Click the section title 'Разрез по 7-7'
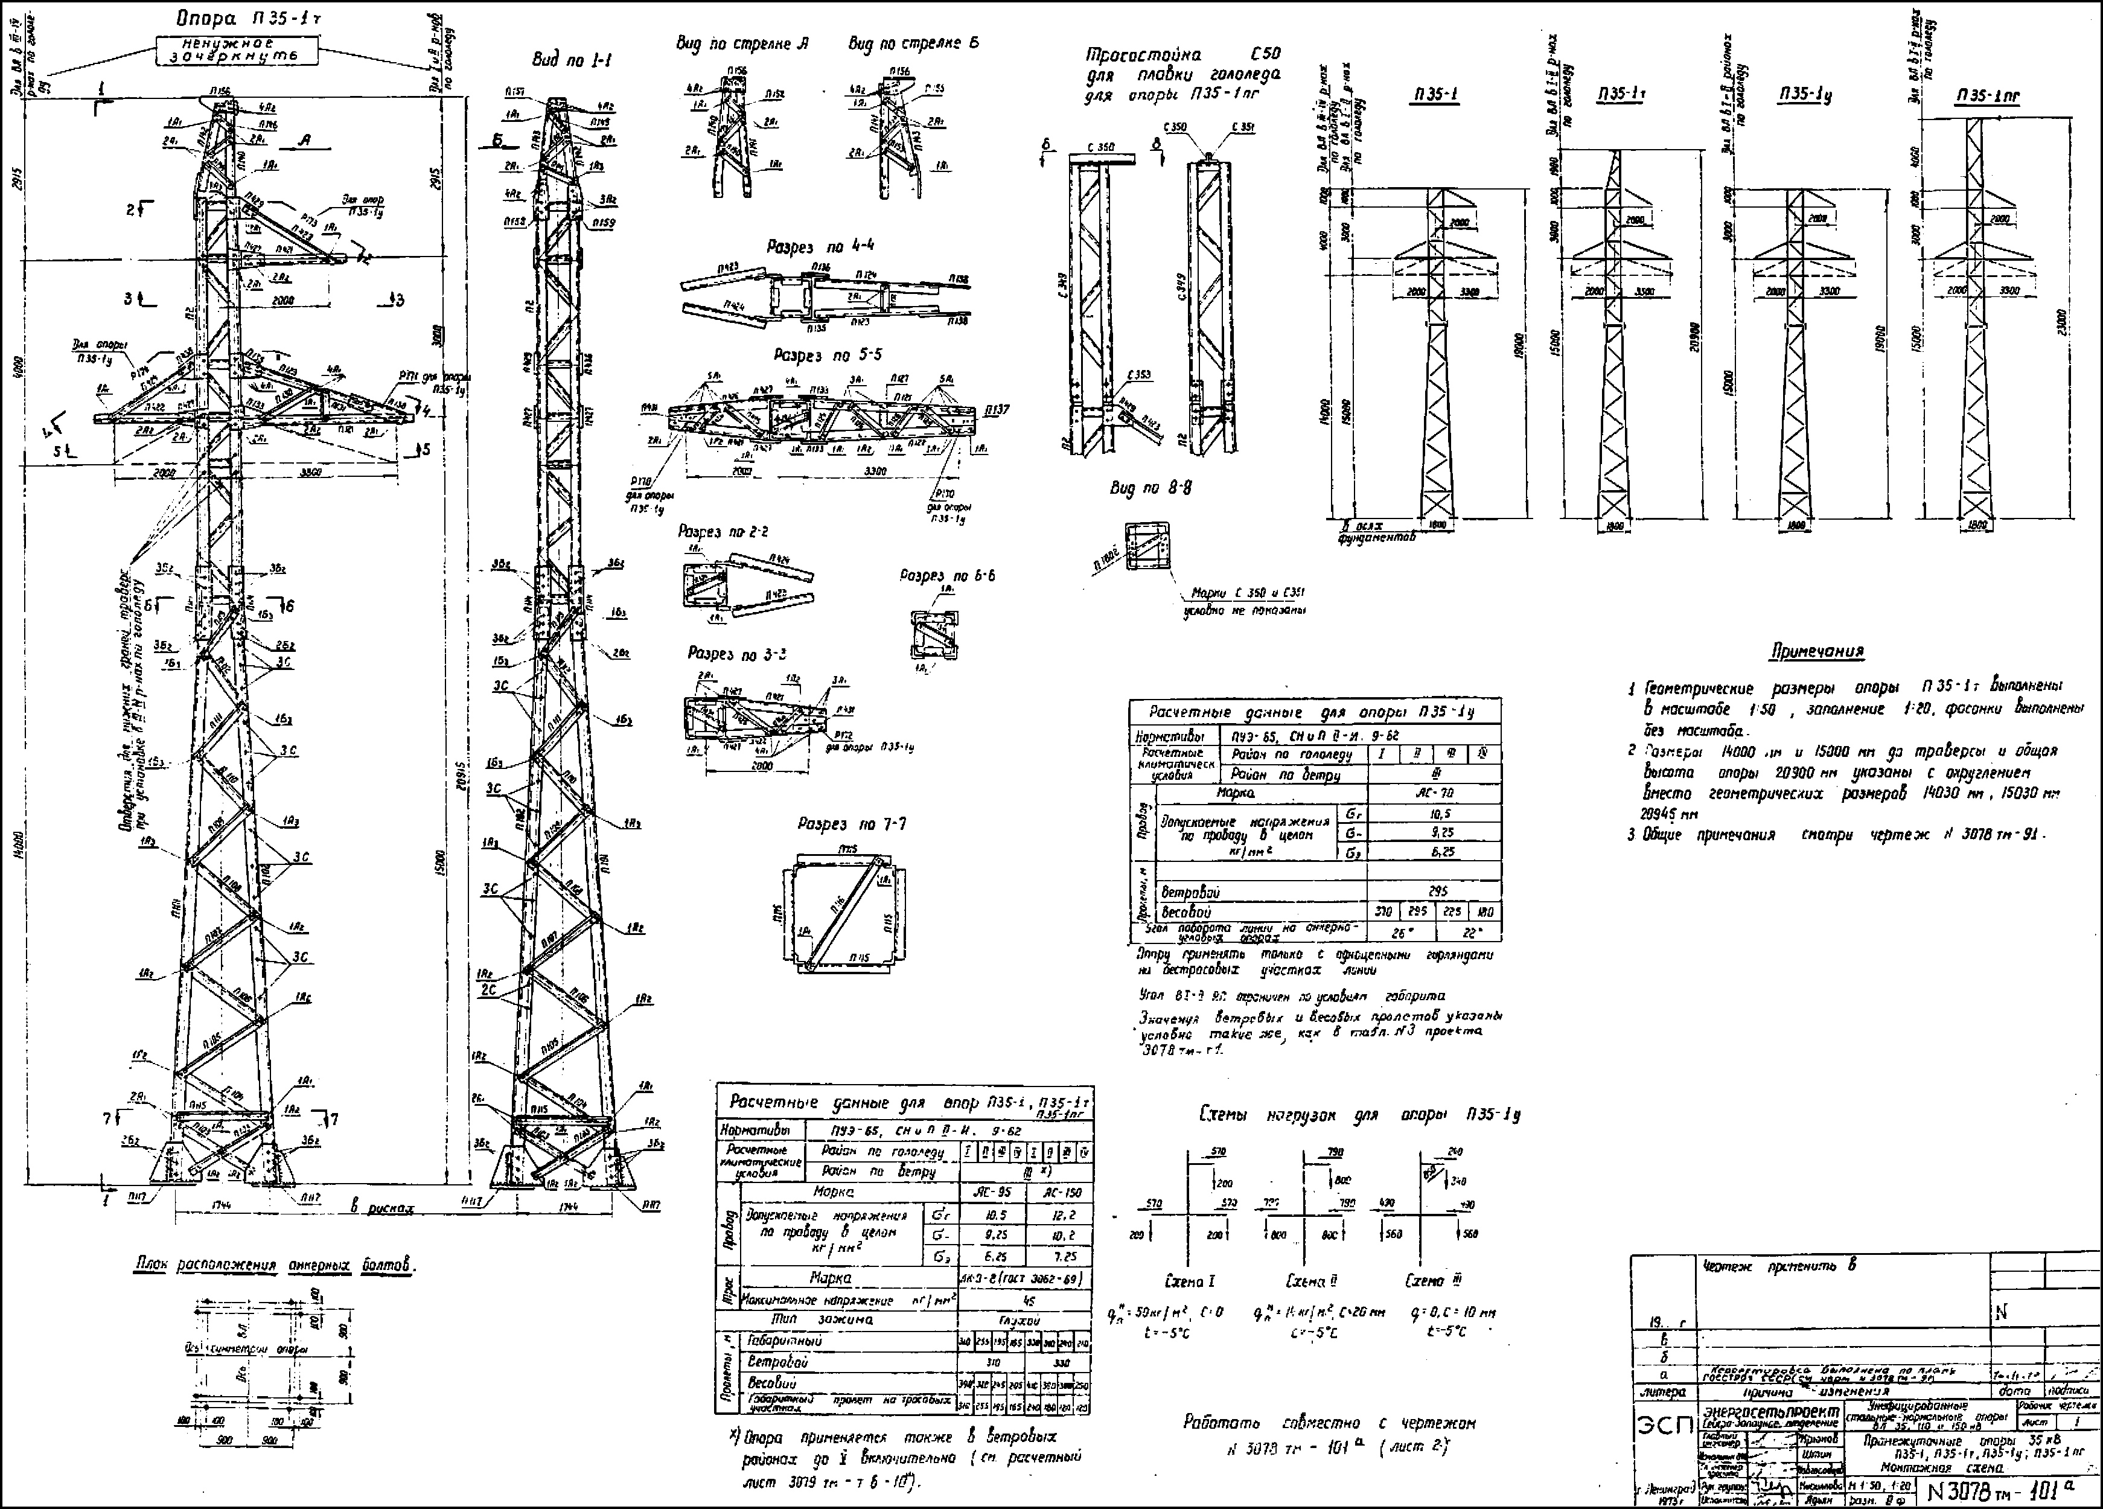tap(851, 825)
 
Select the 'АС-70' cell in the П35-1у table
tap(1434, 794)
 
